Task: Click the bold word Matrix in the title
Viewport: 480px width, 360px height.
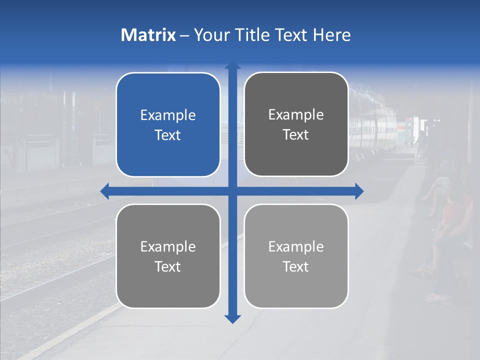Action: pos(148,35)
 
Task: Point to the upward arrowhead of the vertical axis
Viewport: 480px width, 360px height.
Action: pos(232,65)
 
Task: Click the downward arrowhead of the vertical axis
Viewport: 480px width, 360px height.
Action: pos(232,318)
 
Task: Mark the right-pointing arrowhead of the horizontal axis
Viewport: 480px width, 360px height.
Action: pos(359,191)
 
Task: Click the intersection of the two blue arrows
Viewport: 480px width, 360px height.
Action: pos(232,191)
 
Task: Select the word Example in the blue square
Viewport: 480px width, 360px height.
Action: pos(168,115)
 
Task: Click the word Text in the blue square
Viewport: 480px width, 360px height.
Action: pos(168,135)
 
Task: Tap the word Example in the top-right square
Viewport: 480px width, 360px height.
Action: pos(296,115)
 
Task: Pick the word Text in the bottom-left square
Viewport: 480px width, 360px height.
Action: pos(168,266)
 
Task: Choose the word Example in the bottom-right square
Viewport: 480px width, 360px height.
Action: pos(296,246)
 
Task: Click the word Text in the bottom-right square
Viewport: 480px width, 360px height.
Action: pos(296,266)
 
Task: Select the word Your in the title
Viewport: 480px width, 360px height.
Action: pos(210,35)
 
